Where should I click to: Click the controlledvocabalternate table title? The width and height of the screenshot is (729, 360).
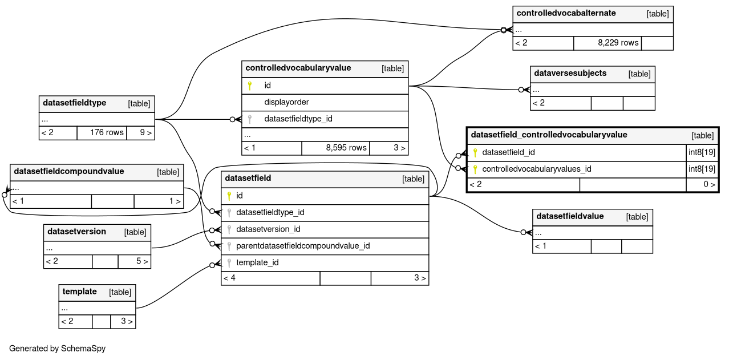tap(566, 13)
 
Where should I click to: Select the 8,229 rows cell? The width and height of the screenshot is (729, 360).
tap(618, 43)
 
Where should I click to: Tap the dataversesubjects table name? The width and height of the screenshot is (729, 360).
tap(570, 73)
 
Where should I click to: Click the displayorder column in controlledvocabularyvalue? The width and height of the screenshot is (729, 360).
tap(286, 102)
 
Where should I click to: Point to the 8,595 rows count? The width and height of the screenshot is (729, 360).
tap(346, 148)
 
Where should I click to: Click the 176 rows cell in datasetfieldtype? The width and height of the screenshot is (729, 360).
tap(107, 132)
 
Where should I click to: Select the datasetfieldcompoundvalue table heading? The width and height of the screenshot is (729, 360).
tap(69, 171)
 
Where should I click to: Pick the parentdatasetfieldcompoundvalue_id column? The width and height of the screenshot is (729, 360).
tap(303, 246)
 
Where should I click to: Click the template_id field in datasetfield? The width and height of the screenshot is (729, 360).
tap(257, 262)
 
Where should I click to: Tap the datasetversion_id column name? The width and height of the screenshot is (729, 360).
tap(268, 229)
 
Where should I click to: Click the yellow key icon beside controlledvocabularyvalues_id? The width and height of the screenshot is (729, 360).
tap(475, 169)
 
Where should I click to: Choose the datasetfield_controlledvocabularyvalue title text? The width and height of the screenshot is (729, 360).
tap(549, 135)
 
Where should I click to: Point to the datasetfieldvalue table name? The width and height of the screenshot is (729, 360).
tap(570, 216)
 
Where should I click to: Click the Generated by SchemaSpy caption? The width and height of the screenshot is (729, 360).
tap(57, 349)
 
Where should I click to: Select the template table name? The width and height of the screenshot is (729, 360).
tap(79, 292)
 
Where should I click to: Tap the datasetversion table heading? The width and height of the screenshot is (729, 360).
tap(76, 232)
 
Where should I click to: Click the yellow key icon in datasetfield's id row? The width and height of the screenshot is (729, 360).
tap(229, 196)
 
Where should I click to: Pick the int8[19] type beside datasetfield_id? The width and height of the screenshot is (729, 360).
tap(702, 152)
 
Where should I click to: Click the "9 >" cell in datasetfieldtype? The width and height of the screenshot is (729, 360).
tap(146, 132)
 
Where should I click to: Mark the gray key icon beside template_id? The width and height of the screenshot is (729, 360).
tap(229, 263)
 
